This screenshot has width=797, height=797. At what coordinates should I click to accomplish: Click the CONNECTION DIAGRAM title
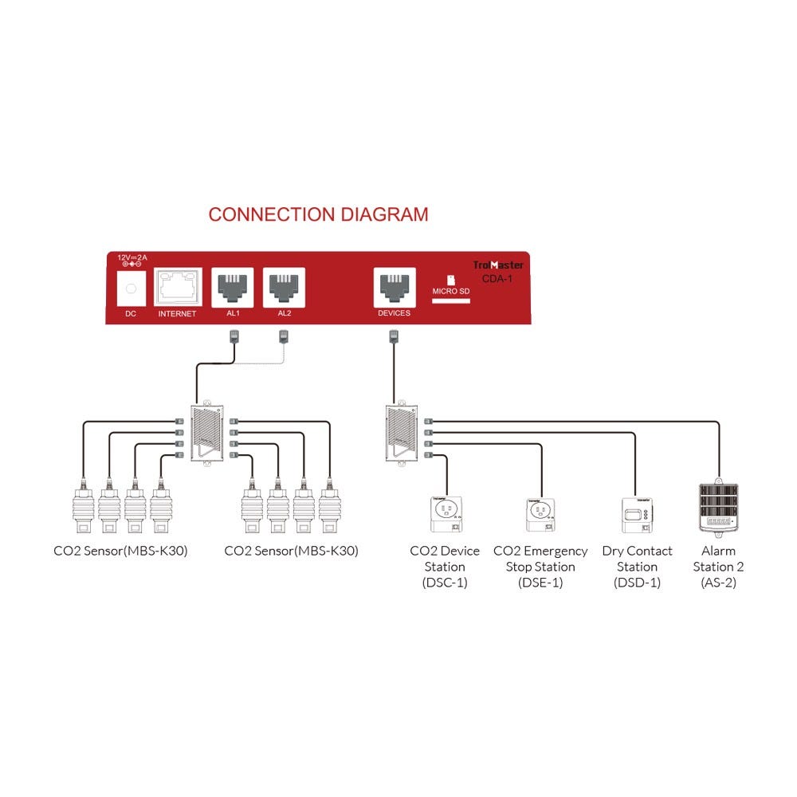pyautogui.click(x=318, y=214)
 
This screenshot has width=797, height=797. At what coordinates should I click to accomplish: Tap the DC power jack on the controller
pyautogui.click(x=131, y=288)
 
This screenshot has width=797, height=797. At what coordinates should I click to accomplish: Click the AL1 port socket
pyautogui.click(x=234, y=286)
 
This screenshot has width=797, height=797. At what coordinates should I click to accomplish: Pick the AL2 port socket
pyautogui.click(x=284, y=286)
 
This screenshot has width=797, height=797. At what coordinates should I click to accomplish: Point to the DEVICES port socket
pyautogui.click(x=394, y=286)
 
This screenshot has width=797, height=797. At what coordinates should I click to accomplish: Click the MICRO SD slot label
pyautogui.click(x=450, y=291)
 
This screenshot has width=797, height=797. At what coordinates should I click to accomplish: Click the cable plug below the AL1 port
pyautogui.click(x=234, y=337)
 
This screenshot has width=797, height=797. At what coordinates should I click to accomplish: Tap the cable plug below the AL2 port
pyautogui.click(x=284, y=337)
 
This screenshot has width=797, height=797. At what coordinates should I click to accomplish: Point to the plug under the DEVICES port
pyautogui.click(x=394, y=337)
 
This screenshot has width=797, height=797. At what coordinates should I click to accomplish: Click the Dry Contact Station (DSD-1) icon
pyautogui.click(x=636, y=515)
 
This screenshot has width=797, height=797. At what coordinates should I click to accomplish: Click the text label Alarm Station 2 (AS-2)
pyautogui.click(x=718, y=567)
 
